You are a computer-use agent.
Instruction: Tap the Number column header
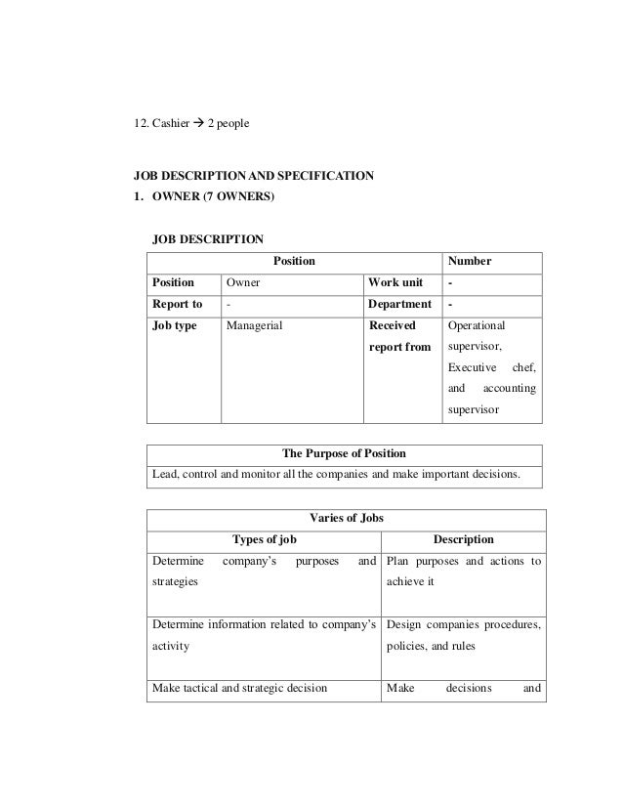[x=470, y=262]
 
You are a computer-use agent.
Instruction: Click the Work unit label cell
[x=395, y=283]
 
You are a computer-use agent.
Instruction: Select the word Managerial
[x=254, y=326]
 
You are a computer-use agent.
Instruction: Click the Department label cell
[x=399, y=305]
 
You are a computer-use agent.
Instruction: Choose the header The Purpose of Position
[x=344, y=454]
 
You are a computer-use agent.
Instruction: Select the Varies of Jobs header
[x=344, y=518]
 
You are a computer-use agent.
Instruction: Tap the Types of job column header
[x=264, y=539]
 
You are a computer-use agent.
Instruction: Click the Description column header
[x=463, y=539]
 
